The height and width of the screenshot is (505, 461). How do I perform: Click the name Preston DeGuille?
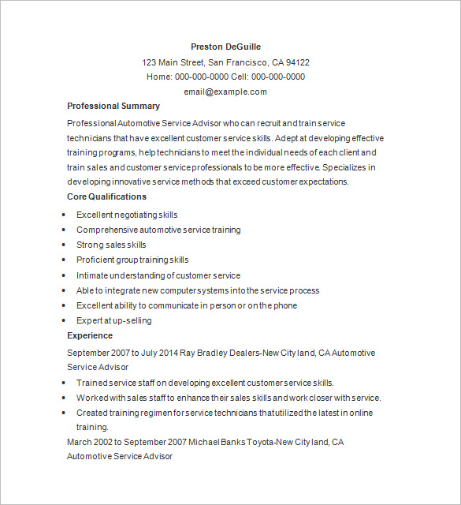[225, 47]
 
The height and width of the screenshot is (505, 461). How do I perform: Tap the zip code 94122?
[297, 62]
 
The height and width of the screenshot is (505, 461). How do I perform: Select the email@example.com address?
[225, 92]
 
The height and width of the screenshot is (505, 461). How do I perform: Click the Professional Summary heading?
[113, 106]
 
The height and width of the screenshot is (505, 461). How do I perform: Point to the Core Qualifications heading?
[106, 196]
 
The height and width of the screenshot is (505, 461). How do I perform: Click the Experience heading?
[90, 335]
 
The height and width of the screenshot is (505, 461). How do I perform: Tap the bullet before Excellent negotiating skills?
[62, 215]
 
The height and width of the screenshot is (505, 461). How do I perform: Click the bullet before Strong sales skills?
[62, 245]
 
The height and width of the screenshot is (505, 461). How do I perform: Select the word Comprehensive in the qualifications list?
[106, 230]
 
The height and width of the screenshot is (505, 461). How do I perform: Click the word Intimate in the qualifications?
[91, 275]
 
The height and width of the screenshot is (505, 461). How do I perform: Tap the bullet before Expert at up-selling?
[62, 321]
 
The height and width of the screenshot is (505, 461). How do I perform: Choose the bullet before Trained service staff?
[62, 383]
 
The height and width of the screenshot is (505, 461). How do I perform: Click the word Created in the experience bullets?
[91, 413]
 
